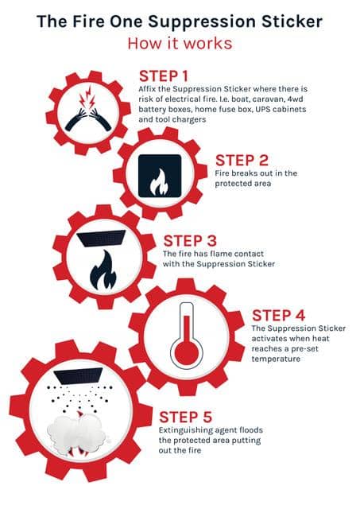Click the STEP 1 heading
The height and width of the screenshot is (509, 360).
pyautogui.click(x=164, y=76)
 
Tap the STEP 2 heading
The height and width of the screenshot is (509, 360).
pyautogui.click(x=242, y=161)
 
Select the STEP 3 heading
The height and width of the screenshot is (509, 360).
pyautogui.click(x=190, y=241)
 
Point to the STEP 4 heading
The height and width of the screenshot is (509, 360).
pyautogui.click(x=279, y=316)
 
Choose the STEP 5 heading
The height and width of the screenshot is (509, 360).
pyautogui.click(x=185, y=417)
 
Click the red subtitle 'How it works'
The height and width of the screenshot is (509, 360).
pyautogui.click(x=180, y=44)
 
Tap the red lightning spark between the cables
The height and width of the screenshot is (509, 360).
pyautogui.click(x=87, y=97)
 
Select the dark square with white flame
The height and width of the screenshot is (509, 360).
pyautogui.click(x=160, y=176)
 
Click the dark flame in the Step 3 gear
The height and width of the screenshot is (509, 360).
pyautogui.click(x=103, y=270)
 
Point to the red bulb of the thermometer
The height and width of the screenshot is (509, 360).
pyautogui.click(x=186, y=352)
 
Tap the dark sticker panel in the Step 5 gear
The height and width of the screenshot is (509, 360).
pyautogui.click(x=78, y=376)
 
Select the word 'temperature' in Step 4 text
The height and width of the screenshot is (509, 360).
pyautogui.click(x=276, y=359)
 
